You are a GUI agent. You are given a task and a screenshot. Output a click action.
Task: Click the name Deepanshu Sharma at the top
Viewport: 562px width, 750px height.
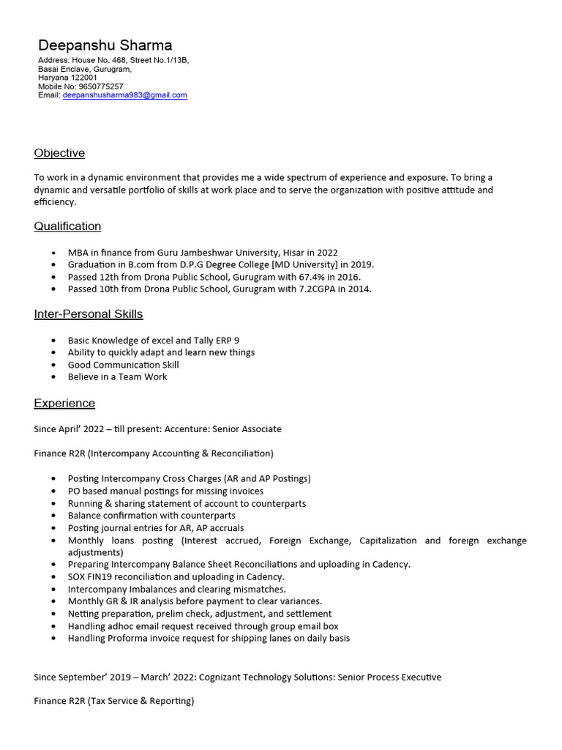pyautogui.click(x=105, y=45)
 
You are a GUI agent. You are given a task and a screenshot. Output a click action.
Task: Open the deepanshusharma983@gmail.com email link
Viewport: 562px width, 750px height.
pyautogui.click(x=124, y=95)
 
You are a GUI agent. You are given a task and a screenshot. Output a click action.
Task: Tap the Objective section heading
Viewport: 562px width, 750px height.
pyautogui.click(x=59, y=153)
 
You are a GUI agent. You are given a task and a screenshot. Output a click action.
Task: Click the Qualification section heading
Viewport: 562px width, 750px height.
pyautogui.click(x=67, y=226)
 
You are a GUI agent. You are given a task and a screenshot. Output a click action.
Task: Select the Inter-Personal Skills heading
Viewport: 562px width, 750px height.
pyautogui.click(x=88, y=314)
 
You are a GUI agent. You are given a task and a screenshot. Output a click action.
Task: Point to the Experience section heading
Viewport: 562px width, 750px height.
pyautogui.click(x=64, y=404)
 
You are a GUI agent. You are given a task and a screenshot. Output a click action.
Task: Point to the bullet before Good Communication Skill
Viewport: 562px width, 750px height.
pyautogui.click(x=54, y=365)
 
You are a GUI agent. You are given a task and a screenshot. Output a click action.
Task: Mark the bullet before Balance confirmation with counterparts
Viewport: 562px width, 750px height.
pyautogui.click(x=54, y=516)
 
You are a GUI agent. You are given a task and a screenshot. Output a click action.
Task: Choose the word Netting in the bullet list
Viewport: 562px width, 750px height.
pyautogui.click(x=83, y=614)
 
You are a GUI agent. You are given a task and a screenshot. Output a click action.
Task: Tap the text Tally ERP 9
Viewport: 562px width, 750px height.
pyautogui.click(x=217, y=341)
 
